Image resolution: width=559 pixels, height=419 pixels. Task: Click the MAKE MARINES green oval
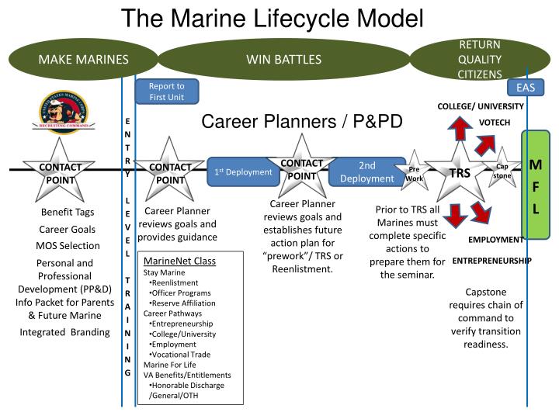click(84, 59)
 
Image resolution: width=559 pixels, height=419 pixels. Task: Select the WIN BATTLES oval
click(283, 59)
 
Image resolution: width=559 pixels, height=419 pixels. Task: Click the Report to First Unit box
click(166, 92)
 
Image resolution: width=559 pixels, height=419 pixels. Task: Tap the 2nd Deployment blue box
click(366, 171)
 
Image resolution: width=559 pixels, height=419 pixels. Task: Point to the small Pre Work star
click(415, 172)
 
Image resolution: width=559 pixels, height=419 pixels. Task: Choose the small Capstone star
click(502, 170)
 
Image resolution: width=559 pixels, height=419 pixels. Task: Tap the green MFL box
click(536, 186)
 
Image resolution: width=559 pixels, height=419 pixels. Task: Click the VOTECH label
click(494, 123)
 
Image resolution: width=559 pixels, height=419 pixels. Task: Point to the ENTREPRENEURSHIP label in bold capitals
click(491, 261)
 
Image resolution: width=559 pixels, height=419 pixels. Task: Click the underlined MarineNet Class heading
click(179, 261)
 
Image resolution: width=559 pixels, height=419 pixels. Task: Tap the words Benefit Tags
click(68, 213)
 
